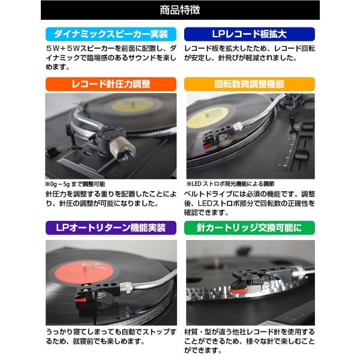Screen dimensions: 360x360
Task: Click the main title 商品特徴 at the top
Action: [x=180, y=10]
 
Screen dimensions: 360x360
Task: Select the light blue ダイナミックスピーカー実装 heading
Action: [x=111, y=34]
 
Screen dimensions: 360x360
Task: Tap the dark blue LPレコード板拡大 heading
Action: [x=248, y=34]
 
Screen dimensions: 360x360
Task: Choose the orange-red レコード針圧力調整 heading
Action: [x=111, y=83]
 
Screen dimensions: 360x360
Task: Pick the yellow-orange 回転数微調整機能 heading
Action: [x=248, y=83]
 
